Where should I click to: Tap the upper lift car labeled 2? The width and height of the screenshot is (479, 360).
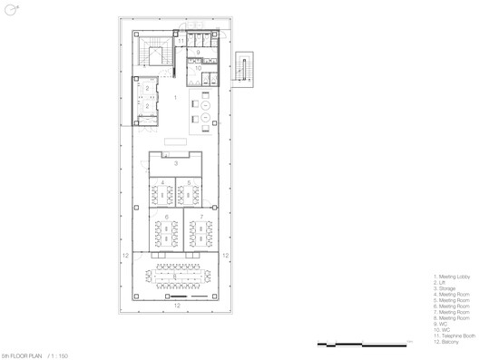pyautogui.click(x=146, y=90)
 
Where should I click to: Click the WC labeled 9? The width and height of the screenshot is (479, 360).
pyautogui.click(x=199, y=53)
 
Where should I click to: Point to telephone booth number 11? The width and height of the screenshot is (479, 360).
pyautogui.click(x=181, y=41)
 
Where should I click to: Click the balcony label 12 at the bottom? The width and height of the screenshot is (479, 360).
pyautogui.click(x=177, y=306)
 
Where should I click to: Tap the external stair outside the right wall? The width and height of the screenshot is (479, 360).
pyautogui.click(x=244, y=67)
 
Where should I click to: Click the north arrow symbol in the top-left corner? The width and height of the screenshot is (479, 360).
pyautogui.click(x=10, y=10)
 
